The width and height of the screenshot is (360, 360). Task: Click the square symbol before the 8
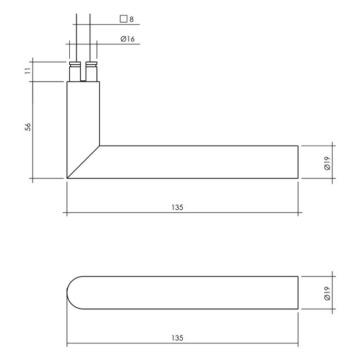tap(124, 19)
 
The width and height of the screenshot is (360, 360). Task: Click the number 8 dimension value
tap(131, 19)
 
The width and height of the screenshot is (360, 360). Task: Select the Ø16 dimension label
tap(127, 39)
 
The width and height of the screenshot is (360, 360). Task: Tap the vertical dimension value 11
tap(27, 71)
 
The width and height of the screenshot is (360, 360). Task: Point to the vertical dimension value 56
tap(27, 127)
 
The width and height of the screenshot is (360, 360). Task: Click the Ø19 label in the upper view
tap(326, 162)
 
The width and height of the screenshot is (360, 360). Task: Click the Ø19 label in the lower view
tap(326, 292)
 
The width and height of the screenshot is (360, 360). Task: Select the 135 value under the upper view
tap(177, 208)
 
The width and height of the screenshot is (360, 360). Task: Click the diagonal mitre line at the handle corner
tap(83, 162)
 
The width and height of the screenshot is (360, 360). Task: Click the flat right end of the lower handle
tap(299, 292)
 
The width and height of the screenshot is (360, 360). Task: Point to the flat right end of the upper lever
tap(299, 162)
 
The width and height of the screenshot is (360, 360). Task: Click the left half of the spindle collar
tap(74, 73)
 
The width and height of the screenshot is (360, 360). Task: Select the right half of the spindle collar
tap(92, 73)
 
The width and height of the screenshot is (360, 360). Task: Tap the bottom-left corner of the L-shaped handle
tap(68, 178)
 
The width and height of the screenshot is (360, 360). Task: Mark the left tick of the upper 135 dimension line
tap(67, 213)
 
